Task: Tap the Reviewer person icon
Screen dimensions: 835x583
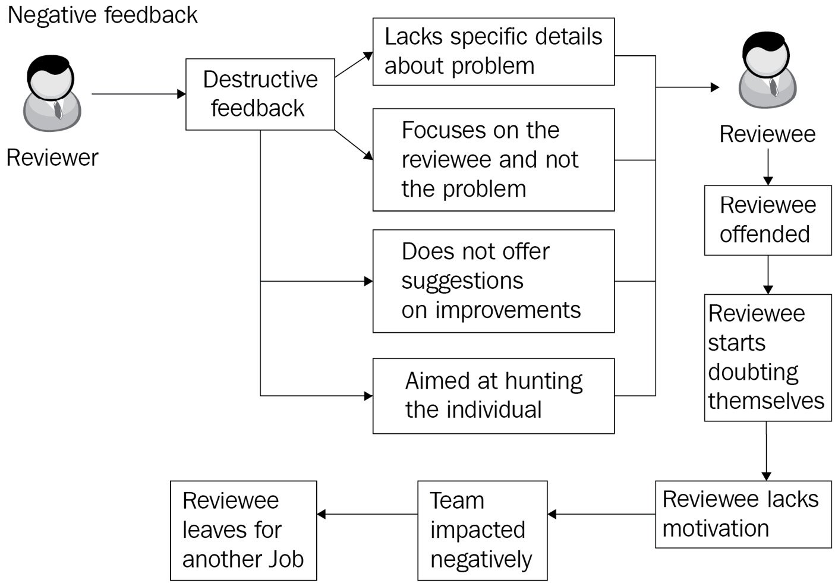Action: pyautogui.click(x=52, y=93)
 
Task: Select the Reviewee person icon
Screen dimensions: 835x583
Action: pyautogui.click(x=767, y=70)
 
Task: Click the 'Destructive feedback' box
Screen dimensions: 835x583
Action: pyautogui.click(x=260, y=94)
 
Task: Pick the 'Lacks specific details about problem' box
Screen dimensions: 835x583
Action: pyautogui.click(x=493, y=52)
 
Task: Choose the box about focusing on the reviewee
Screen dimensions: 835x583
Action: pyautogui.click(x=493, y=160)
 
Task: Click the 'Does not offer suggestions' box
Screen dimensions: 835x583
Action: pyautogui.click(x=493, y=281)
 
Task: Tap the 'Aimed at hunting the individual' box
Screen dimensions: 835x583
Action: pyautogui.click(x=493, y=396)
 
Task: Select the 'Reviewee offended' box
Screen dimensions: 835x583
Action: pyautogui.click(x=768, y=220)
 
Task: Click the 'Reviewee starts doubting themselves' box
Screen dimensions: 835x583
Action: pyautogui.click(x=768, y=358)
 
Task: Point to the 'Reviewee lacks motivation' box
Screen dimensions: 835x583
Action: pyautogui.click(x=743, y=515)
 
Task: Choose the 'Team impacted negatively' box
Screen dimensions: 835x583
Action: pyautogui.click(x=483, y=531)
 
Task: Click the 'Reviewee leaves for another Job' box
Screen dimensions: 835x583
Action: pyautogui.click(x=244, y=531)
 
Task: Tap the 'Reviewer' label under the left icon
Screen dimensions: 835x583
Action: pyautogui.click(x=52, y=157)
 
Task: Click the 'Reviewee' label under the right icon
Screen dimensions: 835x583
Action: pyautogui.click(x=767, y=134)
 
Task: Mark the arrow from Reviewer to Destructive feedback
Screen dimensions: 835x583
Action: pyautogui.click(x=138, y=94)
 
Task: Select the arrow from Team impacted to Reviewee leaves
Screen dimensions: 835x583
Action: pyautogui.click(x=367, y=515)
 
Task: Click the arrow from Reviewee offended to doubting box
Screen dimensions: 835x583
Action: pyautogui.click(x=768, y=275)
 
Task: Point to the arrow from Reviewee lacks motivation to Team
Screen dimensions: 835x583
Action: pyautogui.click(x=601, y=515)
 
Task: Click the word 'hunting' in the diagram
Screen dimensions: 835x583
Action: pyautogui.click(x=544, y=382)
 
